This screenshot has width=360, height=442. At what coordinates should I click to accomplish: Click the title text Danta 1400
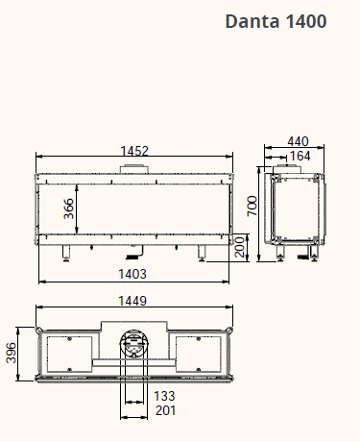pyautogui.click(x=276, y=21)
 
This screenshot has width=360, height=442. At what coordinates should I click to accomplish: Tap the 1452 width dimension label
pyautogui.click(x=134, y=151)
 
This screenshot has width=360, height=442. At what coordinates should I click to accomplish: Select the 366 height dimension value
pyautogui.click(x=68, y=209)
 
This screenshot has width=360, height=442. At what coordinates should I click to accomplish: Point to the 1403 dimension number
pyautogui.click(x=132, y=274)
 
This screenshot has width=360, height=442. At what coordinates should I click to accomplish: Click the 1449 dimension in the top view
pyautogui.click(x=132, y=301)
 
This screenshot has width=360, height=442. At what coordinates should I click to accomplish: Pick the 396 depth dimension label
pyautogui.click(x=12, y=353)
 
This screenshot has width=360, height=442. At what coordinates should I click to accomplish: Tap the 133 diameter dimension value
pyautogui.click(x=164, y=396)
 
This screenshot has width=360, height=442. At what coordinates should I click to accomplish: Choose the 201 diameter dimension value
pyautogui.click(x=165, y=410)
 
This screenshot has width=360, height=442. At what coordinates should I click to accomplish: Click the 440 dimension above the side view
pyautogui.click(x=298, y=141)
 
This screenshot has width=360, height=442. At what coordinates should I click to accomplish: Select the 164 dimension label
pyautogui.click(x=300, y=156)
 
